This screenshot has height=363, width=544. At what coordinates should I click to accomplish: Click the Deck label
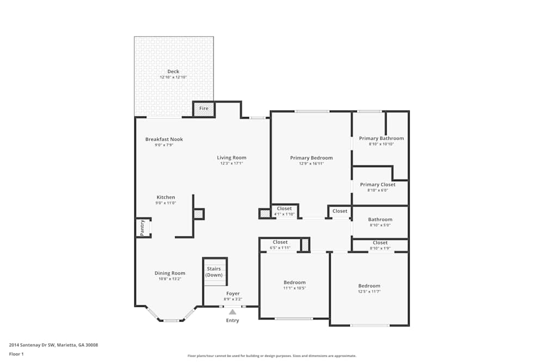coord(173,71)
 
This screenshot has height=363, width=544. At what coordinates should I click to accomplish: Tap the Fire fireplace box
coord(204,109)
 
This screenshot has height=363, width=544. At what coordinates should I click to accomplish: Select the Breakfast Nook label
coord(164,139)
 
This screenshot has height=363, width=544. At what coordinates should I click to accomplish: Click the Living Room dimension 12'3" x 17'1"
coord(231,163)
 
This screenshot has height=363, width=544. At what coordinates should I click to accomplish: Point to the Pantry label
coord(143,227)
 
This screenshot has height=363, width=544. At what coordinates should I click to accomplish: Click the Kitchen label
coord(166,197)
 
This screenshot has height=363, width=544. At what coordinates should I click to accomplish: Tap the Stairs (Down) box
coord(214,272)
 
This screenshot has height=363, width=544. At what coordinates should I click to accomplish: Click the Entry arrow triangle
coord(232,312)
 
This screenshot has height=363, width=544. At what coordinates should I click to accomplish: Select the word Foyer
coord(232,293)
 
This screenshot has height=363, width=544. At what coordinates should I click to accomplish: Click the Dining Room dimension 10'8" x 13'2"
coord(170,279)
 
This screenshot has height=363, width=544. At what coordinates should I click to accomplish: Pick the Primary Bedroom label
coord(311,158)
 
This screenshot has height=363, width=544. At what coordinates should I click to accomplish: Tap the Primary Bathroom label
coord(381,138)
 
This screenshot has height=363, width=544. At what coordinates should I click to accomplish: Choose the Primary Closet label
coord(378,184)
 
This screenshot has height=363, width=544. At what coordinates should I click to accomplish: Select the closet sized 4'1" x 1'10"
coord(284,211)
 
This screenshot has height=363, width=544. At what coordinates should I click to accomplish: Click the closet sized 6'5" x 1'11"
coord(280,245)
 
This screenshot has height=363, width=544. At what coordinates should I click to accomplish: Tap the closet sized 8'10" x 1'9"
coord(380,245)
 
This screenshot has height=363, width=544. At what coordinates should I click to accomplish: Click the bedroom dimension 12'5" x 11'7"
coord(369,292)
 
